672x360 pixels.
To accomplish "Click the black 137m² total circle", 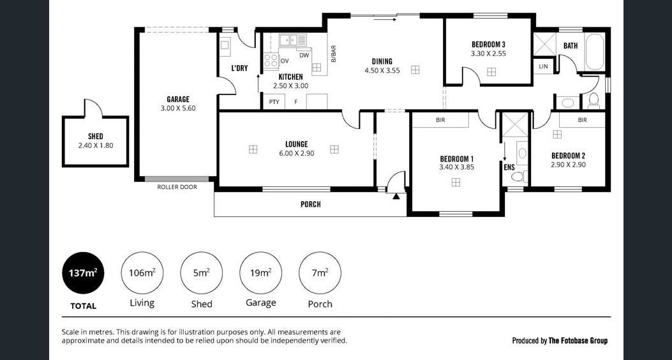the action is click(x=84, y=273).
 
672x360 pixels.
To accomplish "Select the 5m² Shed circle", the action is click(x=202, y=273).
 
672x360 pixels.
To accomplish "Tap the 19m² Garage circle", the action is click(x=260, y=273).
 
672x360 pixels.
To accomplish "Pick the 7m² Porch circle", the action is click(x=320, y=273).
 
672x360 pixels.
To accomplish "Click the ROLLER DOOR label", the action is click(x=177, y=187).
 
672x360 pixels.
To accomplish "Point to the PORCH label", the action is click(x=310, y=204).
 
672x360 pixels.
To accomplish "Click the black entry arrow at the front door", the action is click(x=396, y=197).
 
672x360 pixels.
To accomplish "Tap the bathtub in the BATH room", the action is click(x=595, y=52).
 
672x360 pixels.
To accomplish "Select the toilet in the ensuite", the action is click(x=519, y=176).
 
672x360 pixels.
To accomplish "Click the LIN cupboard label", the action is click(x=544, y=66).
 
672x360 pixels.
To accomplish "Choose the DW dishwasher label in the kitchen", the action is click(x=304, y=56).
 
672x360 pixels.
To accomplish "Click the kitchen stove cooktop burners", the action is click(x=271, y=61).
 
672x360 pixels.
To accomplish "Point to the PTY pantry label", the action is click(x=274, y=102).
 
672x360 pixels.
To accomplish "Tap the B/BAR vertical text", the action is click(x=333, y=54).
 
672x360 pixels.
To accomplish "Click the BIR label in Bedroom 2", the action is click(x=582, y=121).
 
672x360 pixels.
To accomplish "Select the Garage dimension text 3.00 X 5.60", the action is click(x=178, y=109).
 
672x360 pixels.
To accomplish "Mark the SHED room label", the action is click(x=96, y=137).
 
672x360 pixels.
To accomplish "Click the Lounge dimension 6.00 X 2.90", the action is click(x=297, y=153).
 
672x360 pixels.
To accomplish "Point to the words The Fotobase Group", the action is click(x=578, y=341).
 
